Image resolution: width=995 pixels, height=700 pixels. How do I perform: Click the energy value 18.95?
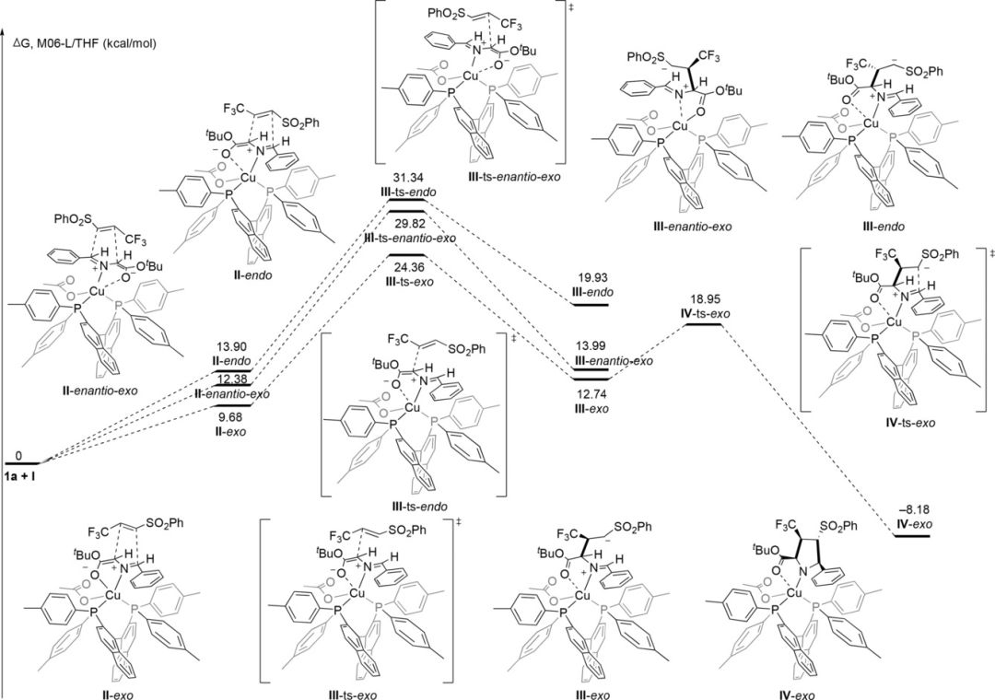pos(710,300)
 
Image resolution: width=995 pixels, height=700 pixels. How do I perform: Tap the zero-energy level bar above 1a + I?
pos(22,462)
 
